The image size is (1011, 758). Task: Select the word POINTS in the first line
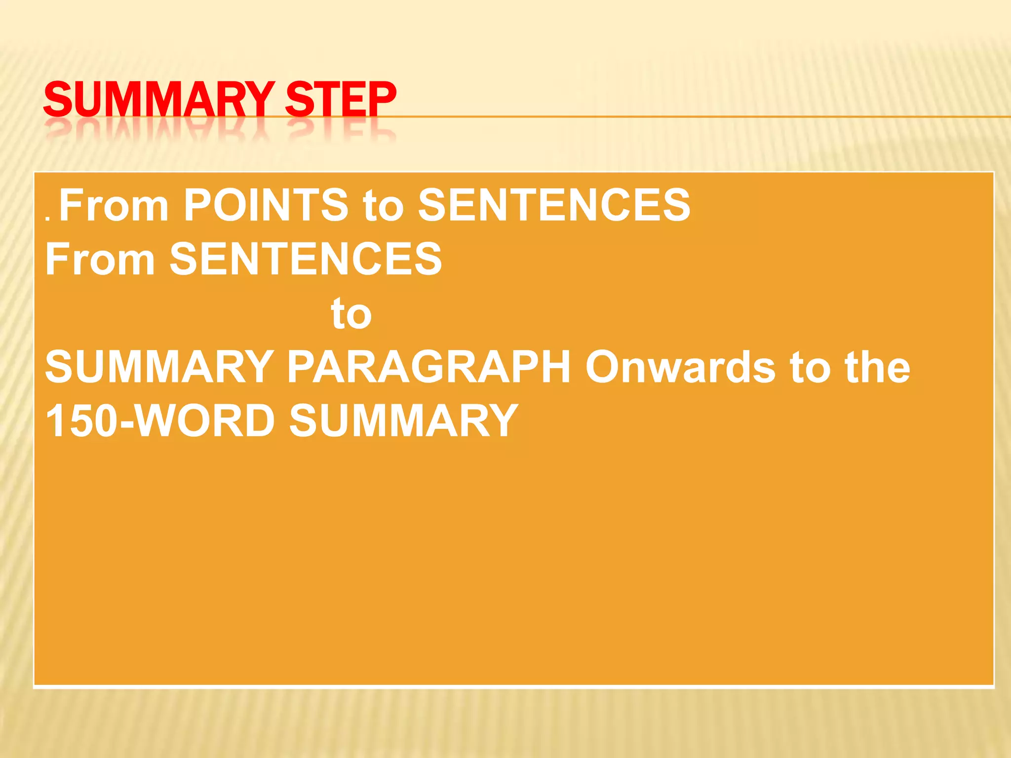pos(266,205)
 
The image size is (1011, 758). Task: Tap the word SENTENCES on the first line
pos(554,205)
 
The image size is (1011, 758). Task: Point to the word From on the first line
pos(114,205)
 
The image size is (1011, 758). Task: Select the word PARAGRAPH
pos(429,367)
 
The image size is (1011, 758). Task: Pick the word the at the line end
pos(877,367)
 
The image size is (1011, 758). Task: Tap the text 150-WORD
pos(160,420)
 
